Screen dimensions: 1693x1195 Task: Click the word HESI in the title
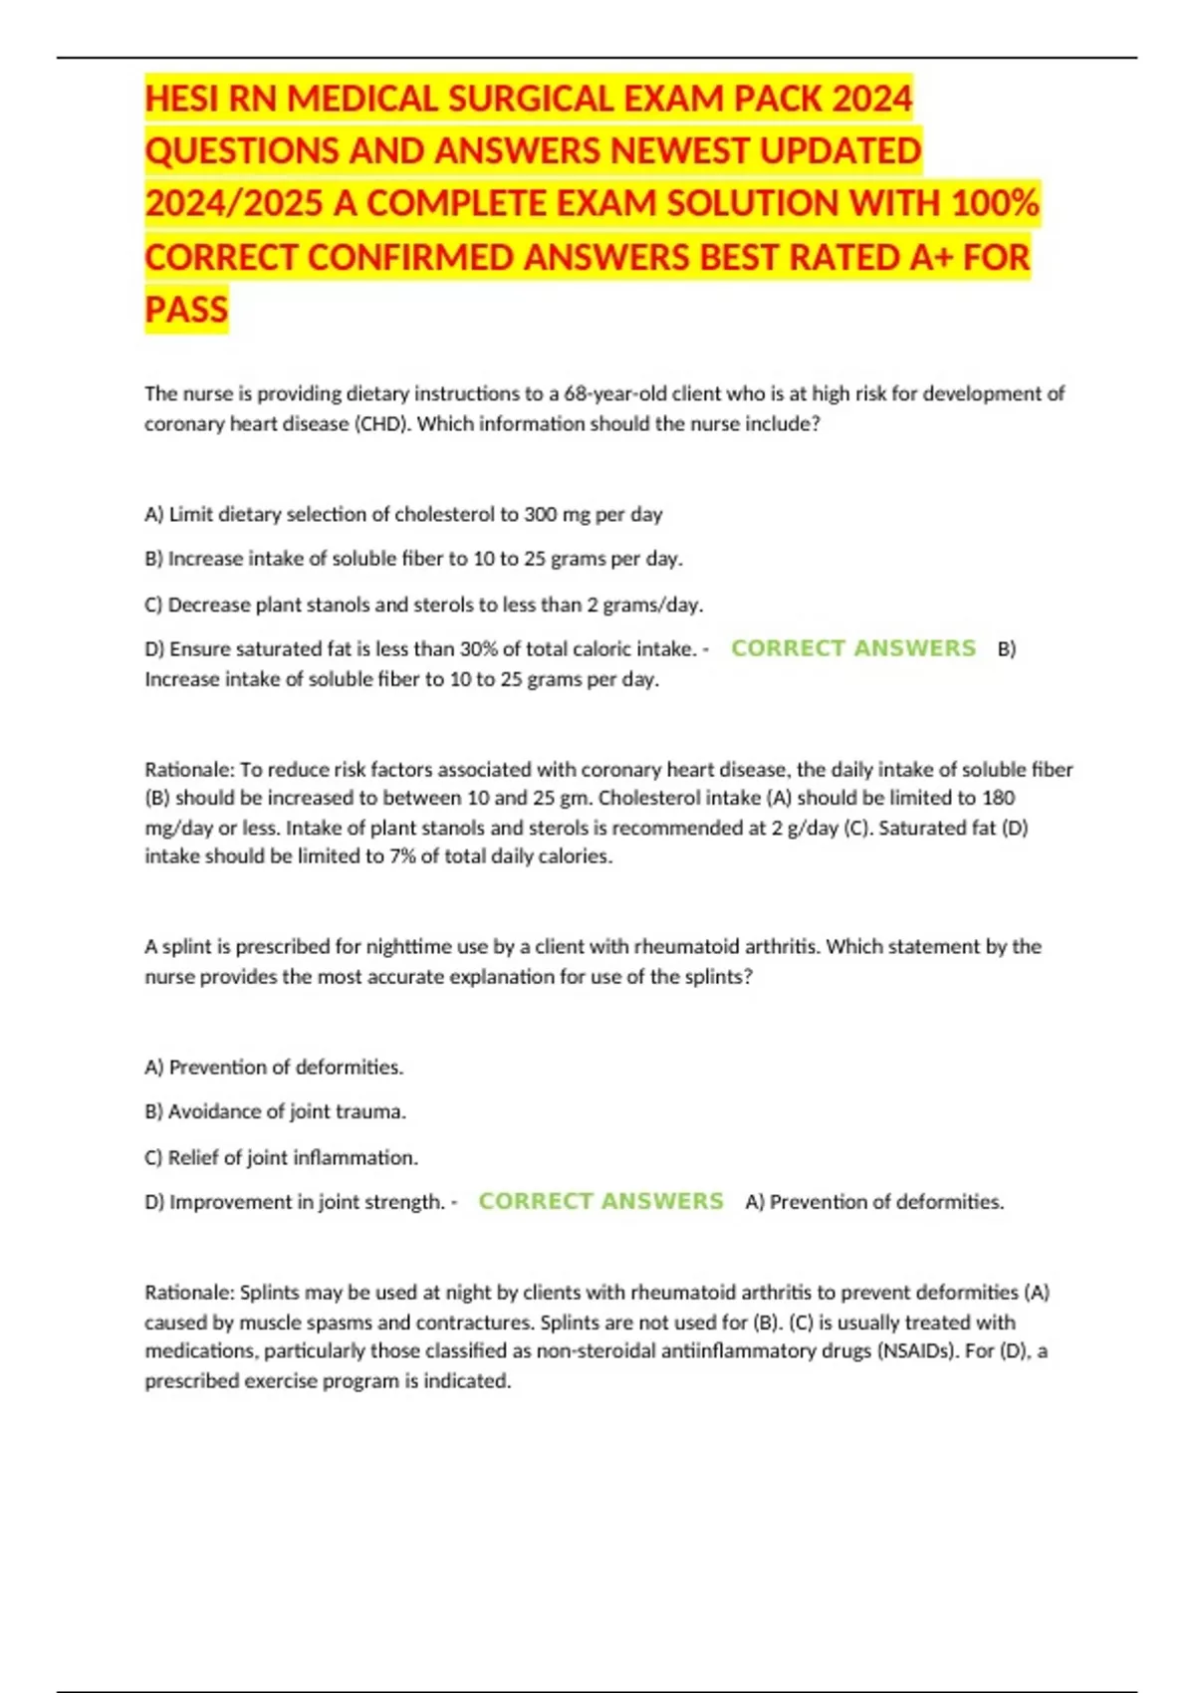coord(182,100)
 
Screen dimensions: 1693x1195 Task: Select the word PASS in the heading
coord(186,310)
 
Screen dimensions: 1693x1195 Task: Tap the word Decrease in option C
coord(207,605)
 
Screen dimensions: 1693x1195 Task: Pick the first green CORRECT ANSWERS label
coord(853,648)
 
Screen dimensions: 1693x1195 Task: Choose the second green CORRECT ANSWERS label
coord(600,1201)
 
